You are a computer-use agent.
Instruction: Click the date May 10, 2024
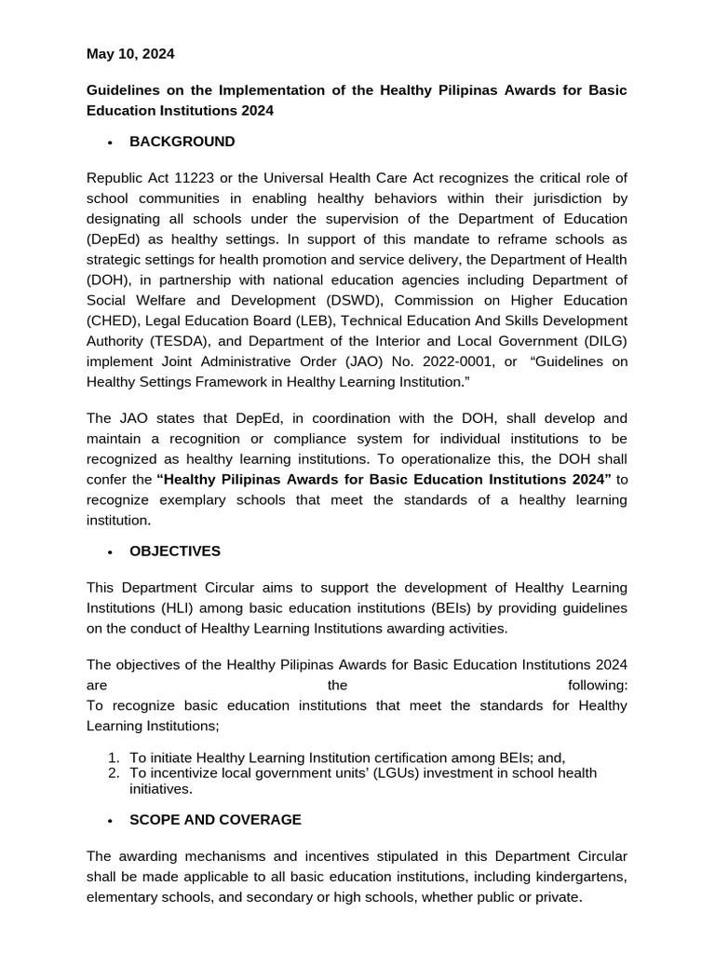[130, 54]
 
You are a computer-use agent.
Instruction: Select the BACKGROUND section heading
[182, 142]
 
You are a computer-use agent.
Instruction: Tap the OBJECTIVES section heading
[175, 551]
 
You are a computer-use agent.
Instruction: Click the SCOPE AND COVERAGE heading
[215, 820]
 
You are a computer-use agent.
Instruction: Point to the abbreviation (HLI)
[189, 607]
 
